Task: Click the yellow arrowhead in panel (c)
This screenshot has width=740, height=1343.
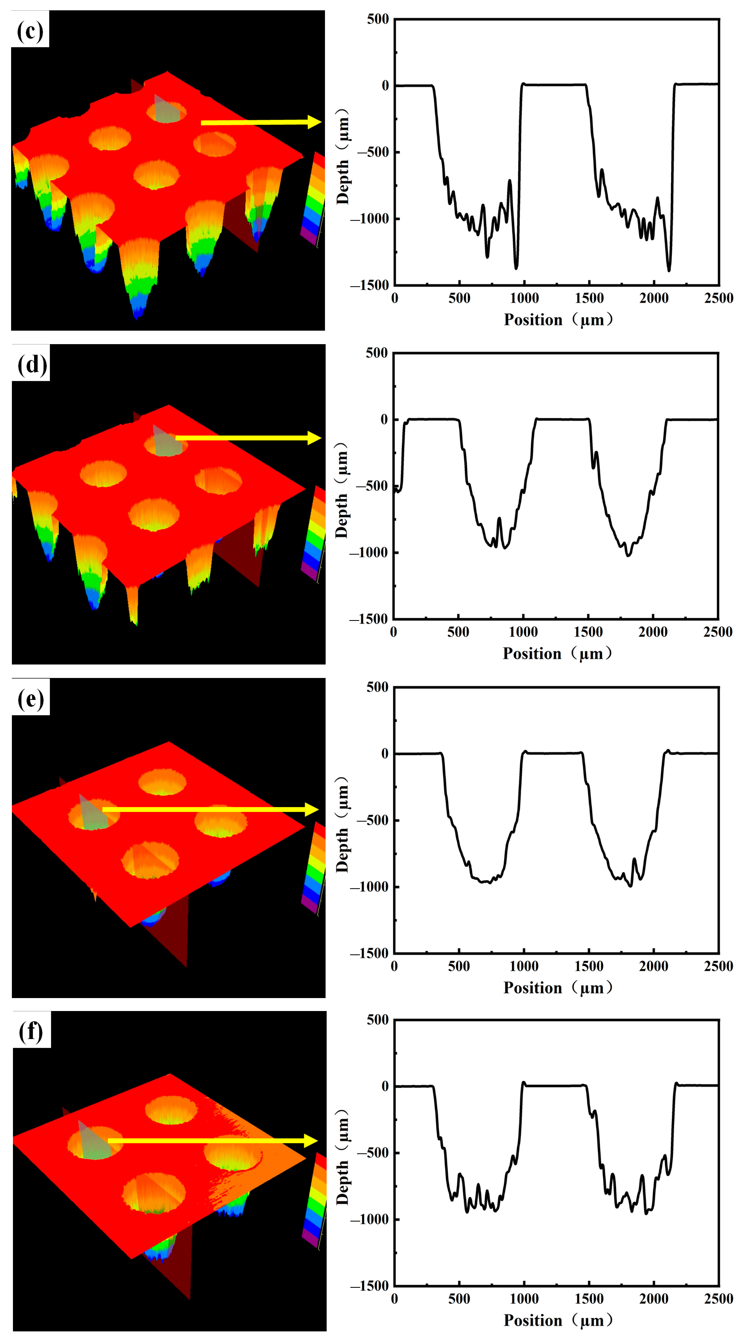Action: point(314,122)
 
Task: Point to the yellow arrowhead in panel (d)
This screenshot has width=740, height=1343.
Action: point(314,438)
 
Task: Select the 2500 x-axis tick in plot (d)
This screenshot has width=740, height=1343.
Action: point(718,632)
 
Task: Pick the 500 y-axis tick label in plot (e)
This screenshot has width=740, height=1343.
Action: point(378,687)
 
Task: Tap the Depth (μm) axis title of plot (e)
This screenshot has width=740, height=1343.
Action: point(342,824)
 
